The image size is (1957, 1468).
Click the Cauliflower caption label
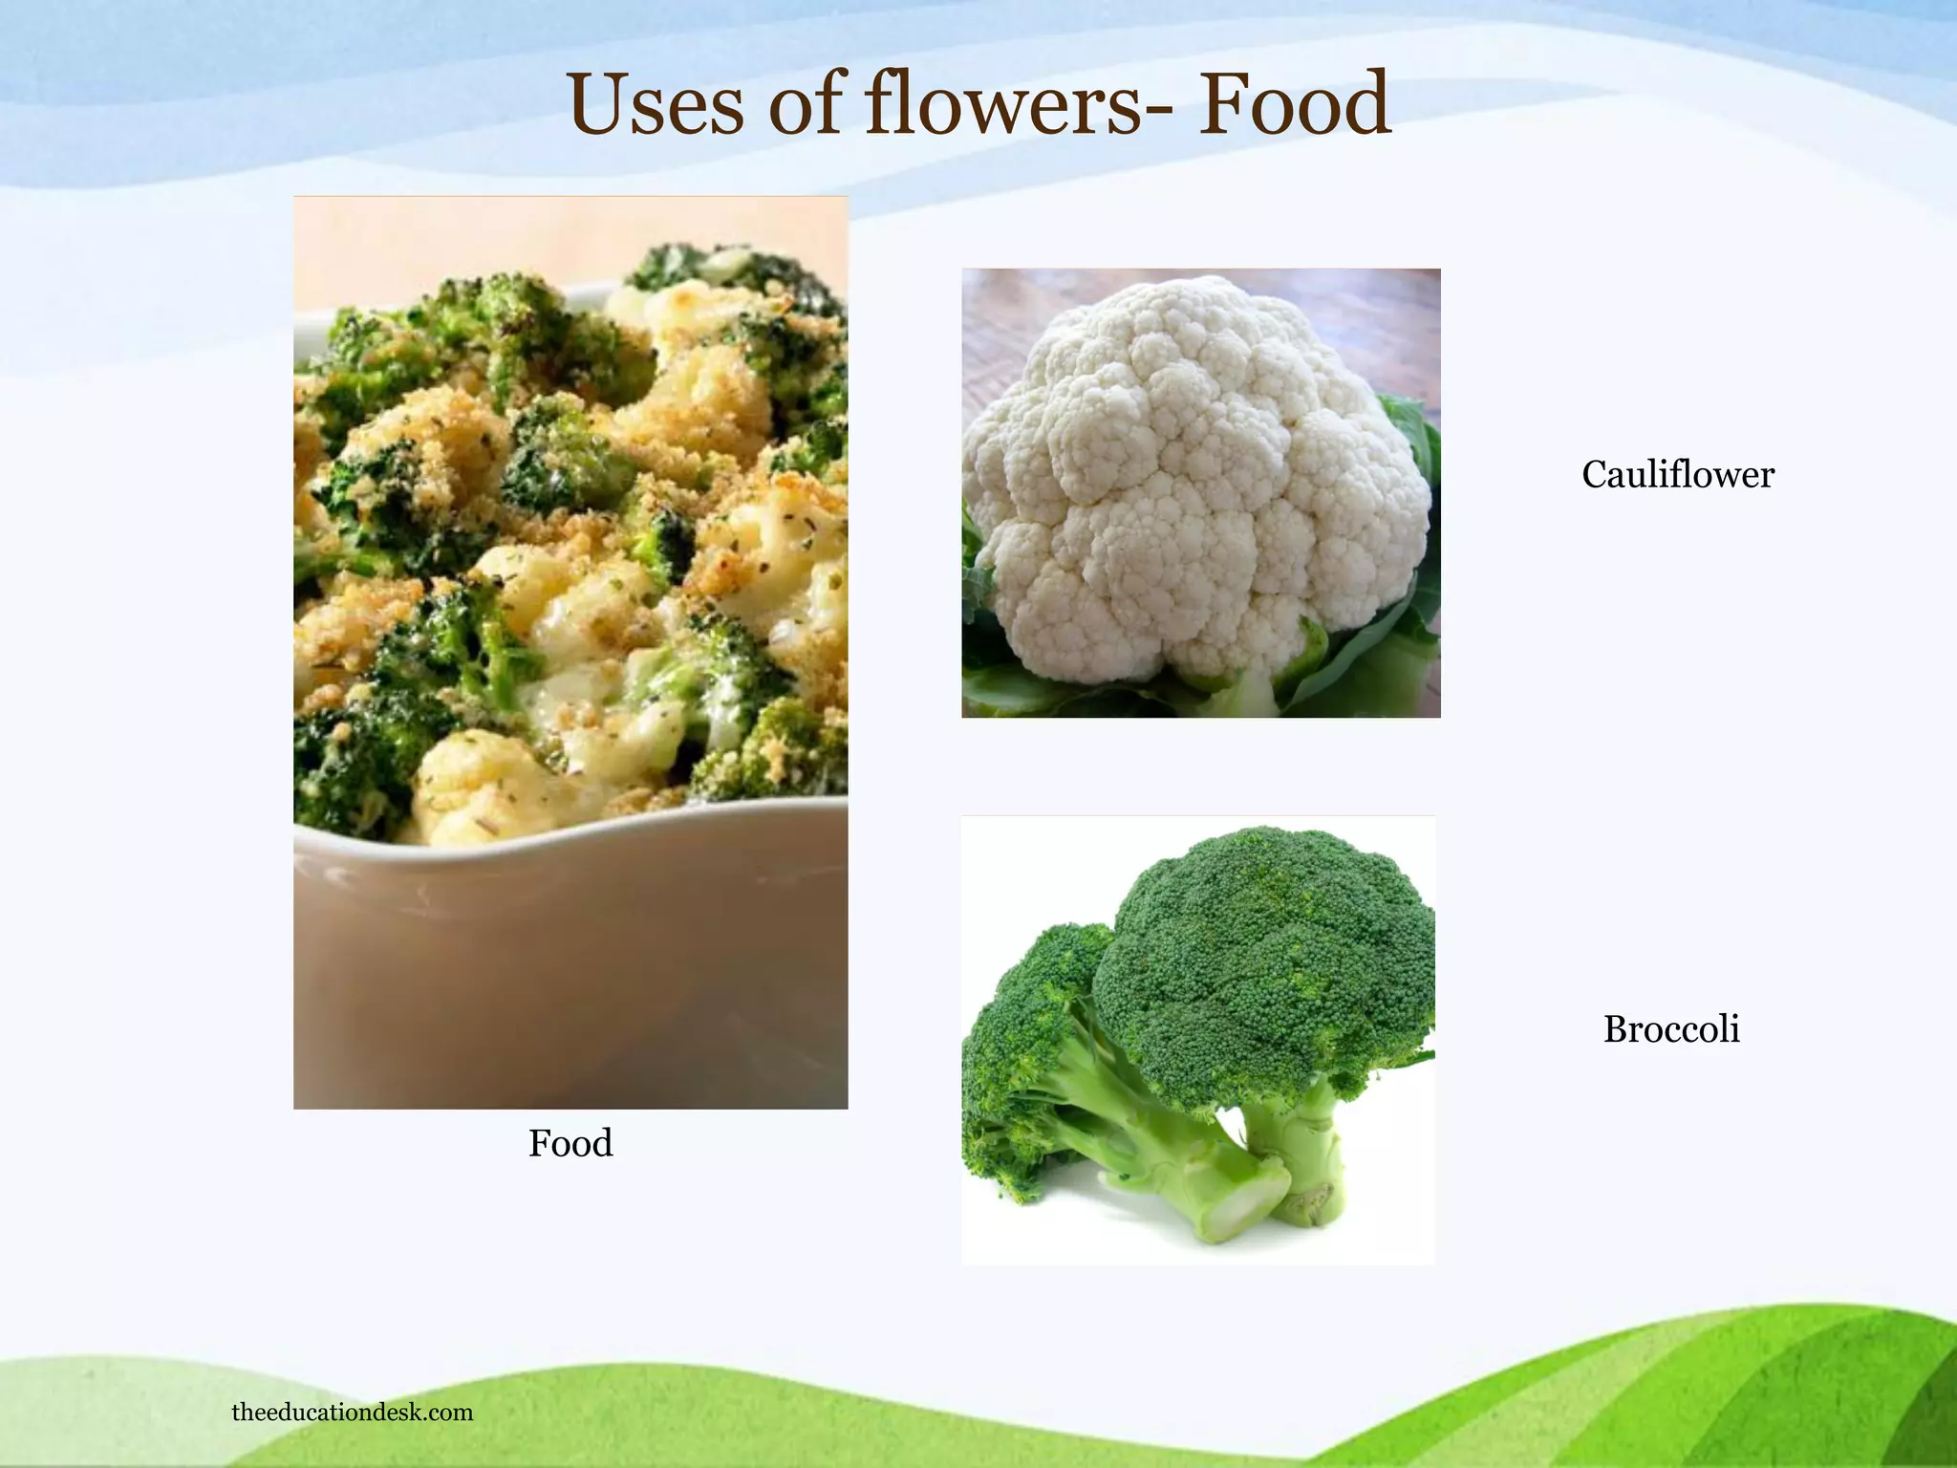coord(1677,475)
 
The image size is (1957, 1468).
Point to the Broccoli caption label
coord(1671,1029)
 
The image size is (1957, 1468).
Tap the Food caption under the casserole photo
coord(570,1143)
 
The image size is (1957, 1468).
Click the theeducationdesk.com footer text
coord(352,1413)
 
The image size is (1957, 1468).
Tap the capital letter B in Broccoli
coord(1616,1029)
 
